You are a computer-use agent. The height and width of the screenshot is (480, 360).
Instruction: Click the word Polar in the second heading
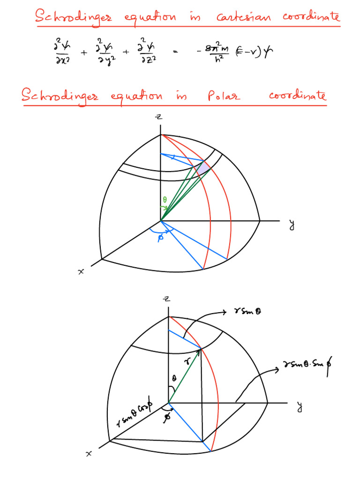click(x=224, y=97)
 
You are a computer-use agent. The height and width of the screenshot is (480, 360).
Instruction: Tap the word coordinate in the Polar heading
click(x=297, y=96)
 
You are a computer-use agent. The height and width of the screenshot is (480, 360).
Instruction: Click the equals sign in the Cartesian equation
click(x=175, y=53)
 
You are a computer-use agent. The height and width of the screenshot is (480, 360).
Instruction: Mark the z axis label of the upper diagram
click(x=159, y=116)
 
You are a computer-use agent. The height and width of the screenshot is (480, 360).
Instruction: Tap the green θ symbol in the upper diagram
click(x=165, y=200)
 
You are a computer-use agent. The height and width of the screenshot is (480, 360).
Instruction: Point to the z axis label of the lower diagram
click(x=165, y=299)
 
